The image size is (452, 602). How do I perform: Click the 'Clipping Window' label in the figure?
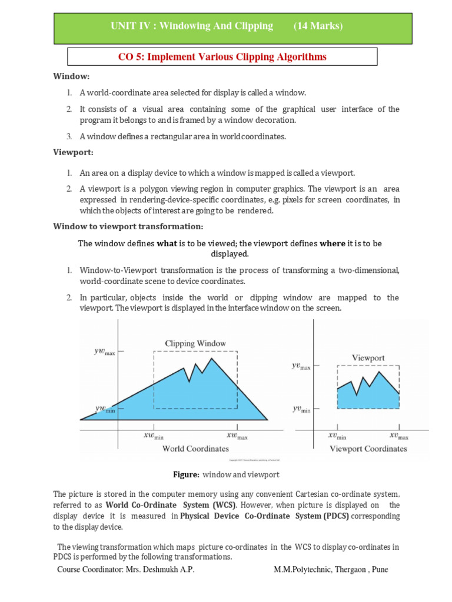pyautogui.click(x=195, y=343)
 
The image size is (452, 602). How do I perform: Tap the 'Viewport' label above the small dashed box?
pyautogui.click(x=368, y=357)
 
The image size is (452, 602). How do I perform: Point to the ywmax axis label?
pyautogui.click(x=105, y=352)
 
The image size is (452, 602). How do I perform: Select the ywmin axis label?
pyautogui.click(x=105, y=408)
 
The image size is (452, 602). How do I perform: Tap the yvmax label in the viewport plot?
pyautogui.click(x=301, y=366)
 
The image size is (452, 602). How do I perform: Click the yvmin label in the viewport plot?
pyautogui.click(x=301, y=409)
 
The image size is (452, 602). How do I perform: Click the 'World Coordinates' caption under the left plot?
pyautogui.click(x=195, y=449)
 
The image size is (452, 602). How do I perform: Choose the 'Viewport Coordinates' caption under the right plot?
pyautogui.click(x=368, y=449)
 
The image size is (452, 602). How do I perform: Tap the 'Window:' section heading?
pyautogui.click(x=71, y=76)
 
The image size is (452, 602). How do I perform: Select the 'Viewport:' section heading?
pyautogui.click(x=74, y=152)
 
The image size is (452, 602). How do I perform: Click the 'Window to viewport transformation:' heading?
pyautogui.click(x=128, y=226)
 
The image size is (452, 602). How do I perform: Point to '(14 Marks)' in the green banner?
pyautogui.click(x=318, y=26)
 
